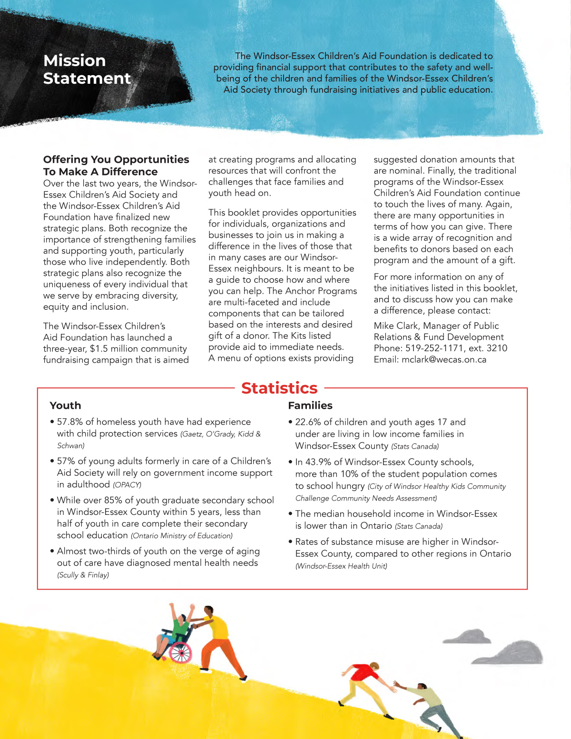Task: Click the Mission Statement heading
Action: pyautogui.click(x=87, y=69)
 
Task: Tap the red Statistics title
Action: pyautogui.click(x=279, y=388)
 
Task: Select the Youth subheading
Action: pyautogui.click(x=65, y=405)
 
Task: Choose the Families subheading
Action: pyautogui.click(x=310, y=405)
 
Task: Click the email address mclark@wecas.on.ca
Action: pyautogui.click(x=444, y=360)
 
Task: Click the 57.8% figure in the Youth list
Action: pyautogui.click(x=69, y=422)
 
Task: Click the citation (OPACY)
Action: pyautogui.click(x=127, y=485)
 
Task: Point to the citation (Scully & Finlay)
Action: pyautogui.click(x=83, y=575)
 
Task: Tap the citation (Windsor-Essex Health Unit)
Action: pyautogui.click(x=341, y=566)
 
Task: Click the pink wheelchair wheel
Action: pyautogui.click(x=180, y=652)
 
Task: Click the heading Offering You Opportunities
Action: pyautogui.click(x=116, y=160)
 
